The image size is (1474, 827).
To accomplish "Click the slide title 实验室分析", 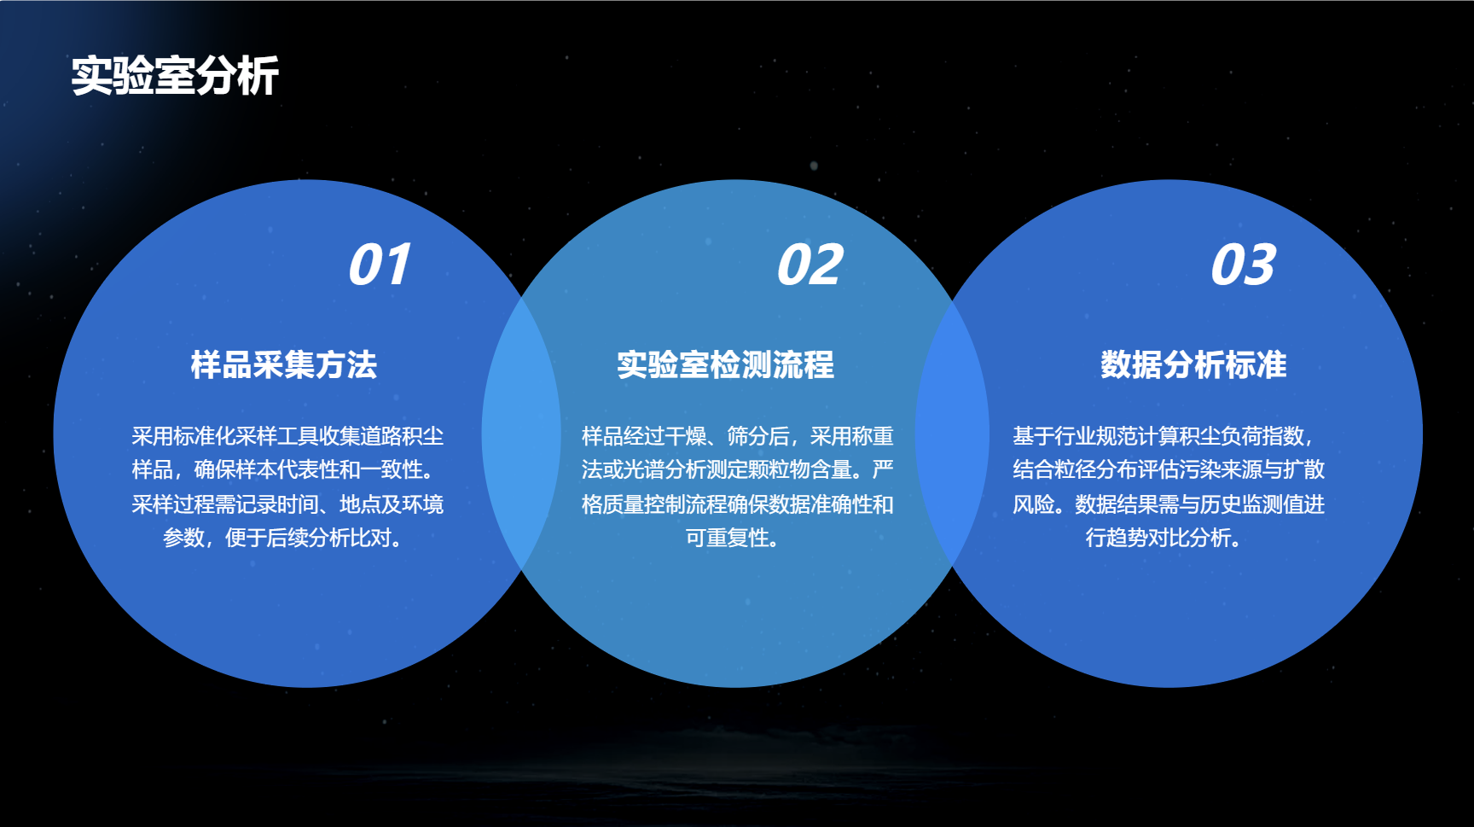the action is click(x=175, y=76).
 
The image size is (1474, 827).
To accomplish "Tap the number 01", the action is click(x=380, y=265).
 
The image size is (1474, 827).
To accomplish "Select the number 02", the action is click(x=810, y=265).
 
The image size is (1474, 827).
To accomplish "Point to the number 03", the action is click(x=1243, y=265).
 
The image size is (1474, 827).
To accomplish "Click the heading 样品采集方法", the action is click(x=284, y=364).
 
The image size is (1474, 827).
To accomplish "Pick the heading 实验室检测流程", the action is click(x=726, y=364).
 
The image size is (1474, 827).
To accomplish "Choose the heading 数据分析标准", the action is click(x=1193, y=364).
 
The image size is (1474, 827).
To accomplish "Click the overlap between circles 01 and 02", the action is click(x=521, y=433).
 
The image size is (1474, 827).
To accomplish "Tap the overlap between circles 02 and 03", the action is click(x=952, y=433).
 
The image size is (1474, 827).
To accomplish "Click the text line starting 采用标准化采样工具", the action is click(x=287, y=436).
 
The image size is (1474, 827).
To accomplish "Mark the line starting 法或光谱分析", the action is click(x=737, y=469).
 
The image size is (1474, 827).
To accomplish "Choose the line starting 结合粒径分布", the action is click(x=1169, y=469).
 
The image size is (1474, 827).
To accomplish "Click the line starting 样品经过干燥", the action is click(x=737, y=436).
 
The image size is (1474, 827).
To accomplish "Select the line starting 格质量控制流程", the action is click(x=737, y=504).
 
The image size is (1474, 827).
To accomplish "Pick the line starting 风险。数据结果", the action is click(x=1169, y=504).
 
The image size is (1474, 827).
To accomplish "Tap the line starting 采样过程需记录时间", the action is click(x=287, y=504).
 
